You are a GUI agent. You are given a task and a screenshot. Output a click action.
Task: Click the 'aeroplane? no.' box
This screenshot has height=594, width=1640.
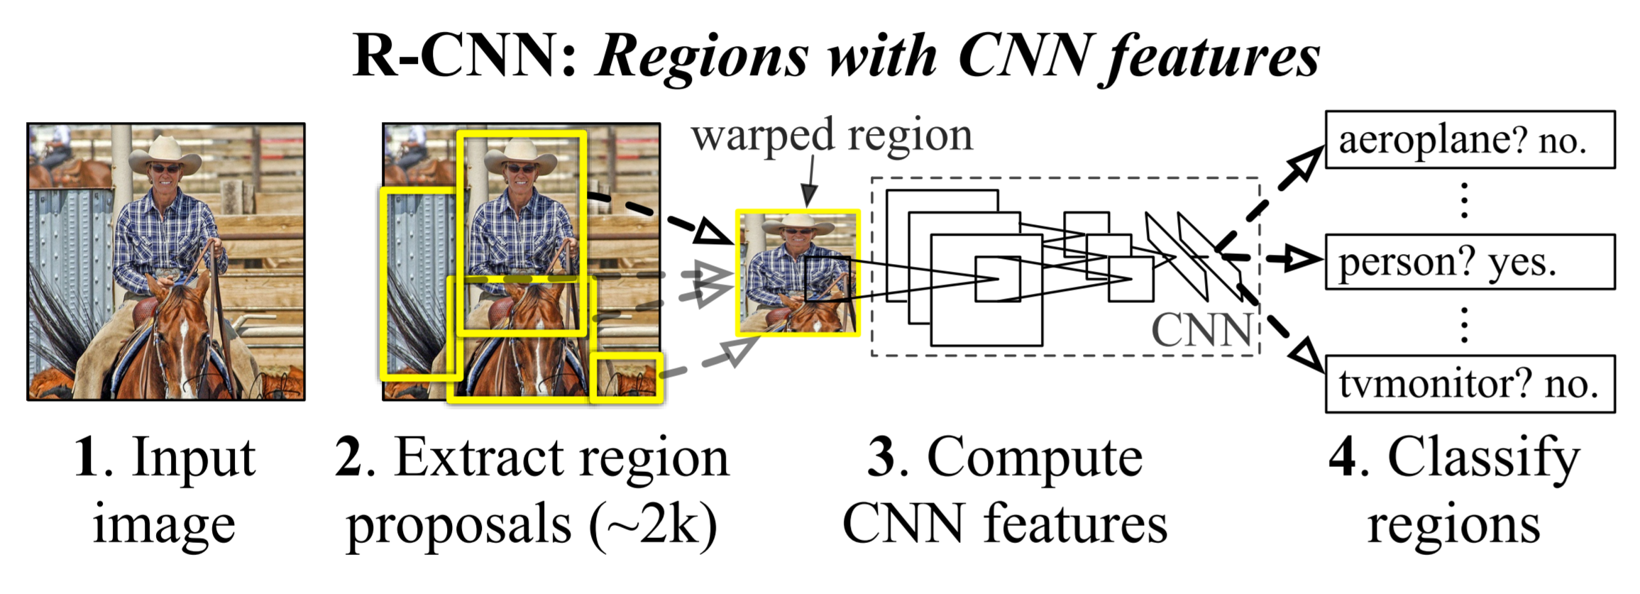(1470, 140)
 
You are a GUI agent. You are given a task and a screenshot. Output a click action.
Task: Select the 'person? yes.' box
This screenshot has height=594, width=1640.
(1470, 262)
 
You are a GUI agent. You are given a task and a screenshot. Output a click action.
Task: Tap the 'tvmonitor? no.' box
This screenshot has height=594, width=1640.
(1470, 384)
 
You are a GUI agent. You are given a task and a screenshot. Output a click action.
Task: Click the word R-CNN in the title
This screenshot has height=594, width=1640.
(464, 56)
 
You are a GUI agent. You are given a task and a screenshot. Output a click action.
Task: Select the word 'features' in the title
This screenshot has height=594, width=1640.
(1210, 58)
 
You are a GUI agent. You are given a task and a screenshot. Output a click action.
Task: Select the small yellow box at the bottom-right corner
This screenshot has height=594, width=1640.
(627, 378)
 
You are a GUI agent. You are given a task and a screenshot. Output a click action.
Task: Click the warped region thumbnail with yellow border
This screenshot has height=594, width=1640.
(798, 273)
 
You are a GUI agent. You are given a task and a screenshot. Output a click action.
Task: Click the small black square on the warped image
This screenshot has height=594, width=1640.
(828, 279)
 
